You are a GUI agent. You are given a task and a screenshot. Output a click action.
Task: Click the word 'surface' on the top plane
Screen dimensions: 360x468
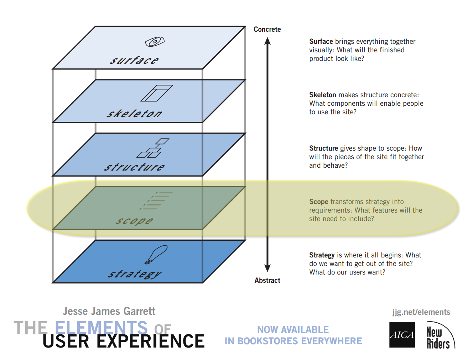pyautogui.click(x=134, y=60)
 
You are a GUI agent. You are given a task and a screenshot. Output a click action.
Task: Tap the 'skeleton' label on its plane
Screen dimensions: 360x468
pyautogui.click(x=134, y=114)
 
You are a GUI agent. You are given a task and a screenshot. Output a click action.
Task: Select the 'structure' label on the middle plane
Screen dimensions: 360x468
pyautogui.click(x=134, y=167)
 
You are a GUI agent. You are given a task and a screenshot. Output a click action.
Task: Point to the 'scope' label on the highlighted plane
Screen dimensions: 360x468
pyautogui.click(x=134, y=221)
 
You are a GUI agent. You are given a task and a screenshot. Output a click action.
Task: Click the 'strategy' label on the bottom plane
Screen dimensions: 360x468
pyautogui.click(x=135, y=274)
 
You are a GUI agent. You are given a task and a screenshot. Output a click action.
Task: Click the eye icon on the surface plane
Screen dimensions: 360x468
pyautogui.click(x=155, y=42)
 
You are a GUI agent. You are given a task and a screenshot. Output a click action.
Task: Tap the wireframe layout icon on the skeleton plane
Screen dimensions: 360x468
pyautogui.click(x=157, y=93)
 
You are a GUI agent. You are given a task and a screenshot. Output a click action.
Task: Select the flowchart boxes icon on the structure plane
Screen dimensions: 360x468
pyautogui.click(x=153, y=148)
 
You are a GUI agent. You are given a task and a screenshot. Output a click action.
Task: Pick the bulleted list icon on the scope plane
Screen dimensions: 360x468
pyautogui.click(x=157, y=200)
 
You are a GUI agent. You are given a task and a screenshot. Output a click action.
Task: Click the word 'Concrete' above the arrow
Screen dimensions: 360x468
pyautogui.click(x=267, y=30)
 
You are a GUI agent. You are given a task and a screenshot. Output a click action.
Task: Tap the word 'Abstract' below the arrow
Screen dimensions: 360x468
pyautogui.click(x=267, y=281)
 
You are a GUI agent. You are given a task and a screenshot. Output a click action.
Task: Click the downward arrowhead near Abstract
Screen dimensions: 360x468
pyautogui.click(x=267, y=268)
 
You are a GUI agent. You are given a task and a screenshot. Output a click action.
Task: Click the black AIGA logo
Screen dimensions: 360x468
pyautogui.click(x=402, y=335)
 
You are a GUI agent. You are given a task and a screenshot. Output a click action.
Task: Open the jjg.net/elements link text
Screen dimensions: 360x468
pyautogui.click(x=421, y=312)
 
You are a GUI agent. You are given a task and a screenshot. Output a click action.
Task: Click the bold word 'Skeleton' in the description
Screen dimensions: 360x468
pyautogui.click(x=323, y=95)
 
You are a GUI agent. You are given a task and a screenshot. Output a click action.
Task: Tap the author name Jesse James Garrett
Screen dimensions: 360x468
pyautogui.click(x=109, y=312)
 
